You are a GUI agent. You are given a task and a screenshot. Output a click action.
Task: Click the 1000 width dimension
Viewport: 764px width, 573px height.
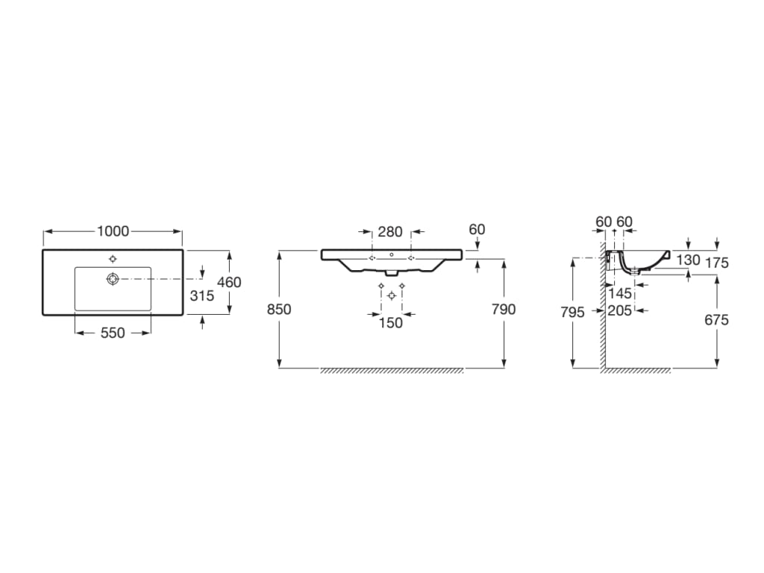coord(113,231)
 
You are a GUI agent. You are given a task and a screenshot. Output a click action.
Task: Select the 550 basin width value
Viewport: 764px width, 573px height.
coord(113,334)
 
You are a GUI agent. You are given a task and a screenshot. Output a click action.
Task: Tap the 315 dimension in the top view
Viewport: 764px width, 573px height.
coord(202,295)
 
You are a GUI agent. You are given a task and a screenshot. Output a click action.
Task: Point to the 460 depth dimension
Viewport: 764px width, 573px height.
coord(229,283)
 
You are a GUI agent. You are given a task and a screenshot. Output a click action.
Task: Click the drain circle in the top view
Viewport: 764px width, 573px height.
coord(113,278)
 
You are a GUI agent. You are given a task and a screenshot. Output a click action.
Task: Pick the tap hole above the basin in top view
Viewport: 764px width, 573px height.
coord(113,259)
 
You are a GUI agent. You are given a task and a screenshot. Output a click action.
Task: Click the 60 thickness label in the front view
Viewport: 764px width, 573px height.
coord(476,230)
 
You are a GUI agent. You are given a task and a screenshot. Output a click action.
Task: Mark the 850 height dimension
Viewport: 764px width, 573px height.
coord(279,309)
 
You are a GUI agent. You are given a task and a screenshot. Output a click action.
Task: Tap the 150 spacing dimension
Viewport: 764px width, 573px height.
coord(391,323)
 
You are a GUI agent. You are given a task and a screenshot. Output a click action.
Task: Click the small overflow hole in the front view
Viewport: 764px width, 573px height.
coord(392,254)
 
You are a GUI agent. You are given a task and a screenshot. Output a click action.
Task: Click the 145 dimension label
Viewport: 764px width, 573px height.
coord(620,294)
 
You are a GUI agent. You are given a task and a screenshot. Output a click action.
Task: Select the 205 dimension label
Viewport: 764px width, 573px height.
coord(620,310)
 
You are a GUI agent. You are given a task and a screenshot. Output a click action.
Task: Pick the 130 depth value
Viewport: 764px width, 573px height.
coord(688,260)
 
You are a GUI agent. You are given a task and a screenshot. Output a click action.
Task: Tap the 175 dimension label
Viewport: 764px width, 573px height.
coord(716,263)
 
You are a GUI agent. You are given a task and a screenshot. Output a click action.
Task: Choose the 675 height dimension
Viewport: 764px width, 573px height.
coord(716,319)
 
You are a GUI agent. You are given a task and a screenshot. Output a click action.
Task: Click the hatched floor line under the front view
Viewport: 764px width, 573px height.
coord(392,371)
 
